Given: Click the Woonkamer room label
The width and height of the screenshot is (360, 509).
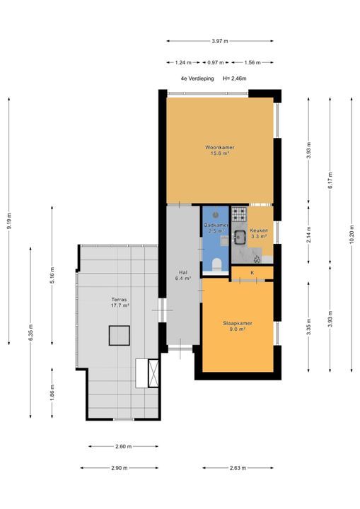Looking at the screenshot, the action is (220, 147).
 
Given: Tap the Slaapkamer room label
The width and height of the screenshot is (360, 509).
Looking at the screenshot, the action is (238, 323).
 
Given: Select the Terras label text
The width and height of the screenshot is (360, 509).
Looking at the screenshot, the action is (119, 300).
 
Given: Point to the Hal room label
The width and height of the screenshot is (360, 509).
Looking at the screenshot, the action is (183, 273).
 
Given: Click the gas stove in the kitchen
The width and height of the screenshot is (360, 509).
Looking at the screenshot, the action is (240, 213).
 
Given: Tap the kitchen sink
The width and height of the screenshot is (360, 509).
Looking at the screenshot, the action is (240, 236).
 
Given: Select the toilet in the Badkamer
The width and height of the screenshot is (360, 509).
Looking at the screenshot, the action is (216, 264).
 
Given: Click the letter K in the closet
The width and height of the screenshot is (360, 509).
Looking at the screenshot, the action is (252, 273).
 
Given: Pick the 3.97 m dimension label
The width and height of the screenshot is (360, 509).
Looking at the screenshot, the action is (220, 41).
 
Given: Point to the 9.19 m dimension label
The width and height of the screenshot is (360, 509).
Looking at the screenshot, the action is (8, 221).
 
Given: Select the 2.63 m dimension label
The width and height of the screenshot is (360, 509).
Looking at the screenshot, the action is (238, 468).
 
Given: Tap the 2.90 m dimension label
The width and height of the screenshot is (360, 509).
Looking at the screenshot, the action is (120, 468).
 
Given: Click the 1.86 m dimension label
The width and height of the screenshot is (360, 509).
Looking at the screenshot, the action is (52, 392).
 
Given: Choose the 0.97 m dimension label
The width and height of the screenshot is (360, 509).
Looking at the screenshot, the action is (216, 63).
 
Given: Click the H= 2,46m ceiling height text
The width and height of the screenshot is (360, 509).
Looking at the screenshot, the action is (235, 78).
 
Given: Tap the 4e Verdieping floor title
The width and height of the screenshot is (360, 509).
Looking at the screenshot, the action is (197, 78).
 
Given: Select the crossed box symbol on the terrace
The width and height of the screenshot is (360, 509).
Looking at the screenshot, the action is (153, 373).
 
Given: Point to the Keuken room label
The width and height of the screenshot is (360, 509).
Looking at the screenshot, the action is (259, 230).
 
